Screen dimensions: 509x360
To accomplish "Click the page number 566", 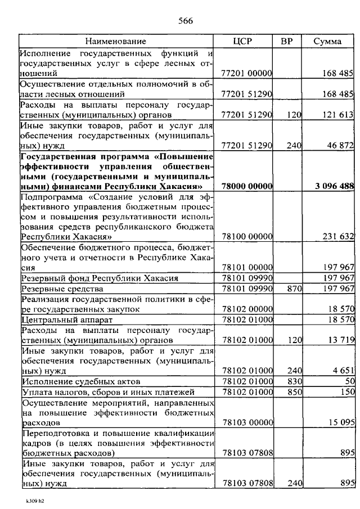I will coord(186,22).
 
